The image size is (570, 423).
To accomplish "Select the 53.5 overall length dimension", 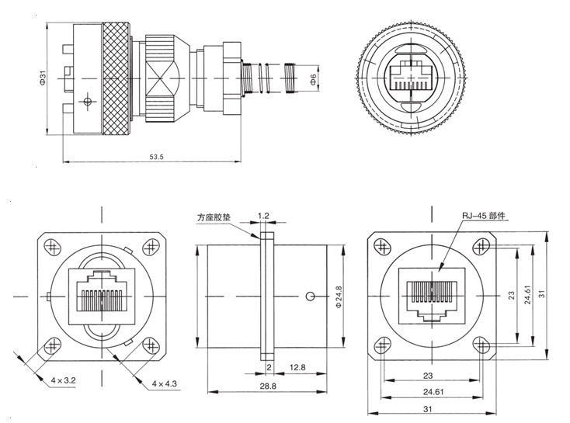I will tap(156, 158).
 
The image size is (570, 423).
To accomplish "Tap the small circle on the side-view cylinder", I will tap(311, 296).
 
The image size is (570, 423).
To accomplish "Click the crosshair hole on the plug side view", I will tap(90, 102).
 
